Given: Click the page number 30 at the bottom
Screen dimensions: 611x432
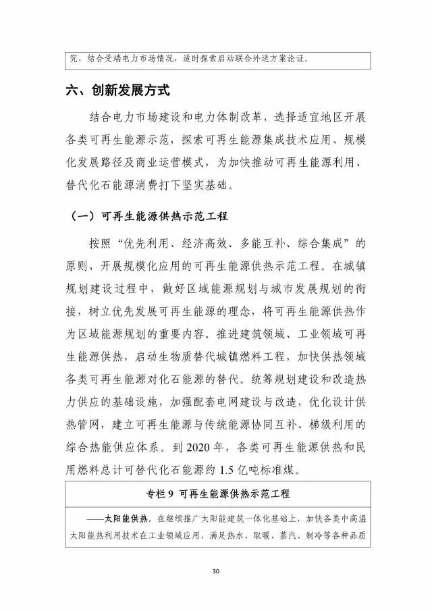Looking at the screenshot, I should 216,572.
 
